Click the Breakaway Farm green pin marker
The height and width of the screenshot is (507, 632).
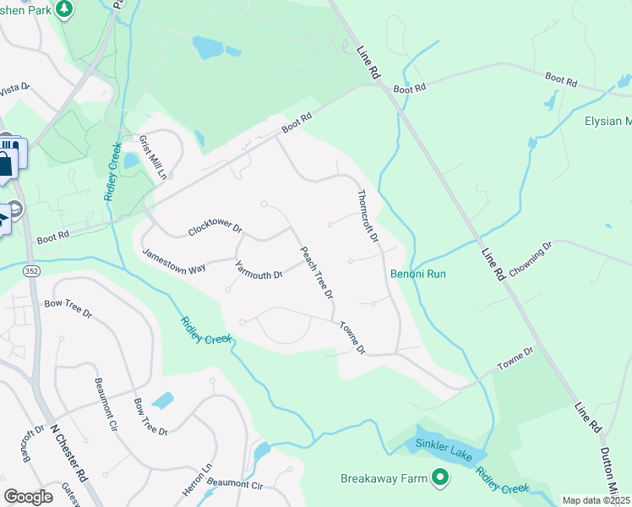tap(439, 478)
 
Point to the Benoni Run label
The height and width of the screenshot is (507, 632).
tap(417, 274)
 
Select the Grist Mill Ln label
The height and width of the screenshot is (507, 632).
tap(153, 158)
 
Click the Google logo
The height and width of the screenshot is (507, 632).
tap(28, 496)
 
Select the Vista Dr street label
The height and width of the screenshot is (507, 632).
tap(14, 88)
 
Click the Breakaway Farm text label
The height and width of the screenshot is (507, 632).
tap(384, 478)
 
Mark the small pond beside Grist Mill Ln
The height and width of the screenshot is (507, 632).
tap(132, 160)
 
